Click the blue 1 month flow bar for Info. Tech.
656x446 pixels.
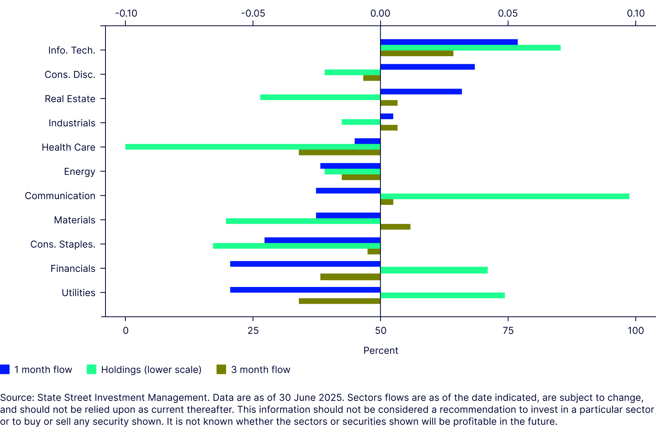[449, 42]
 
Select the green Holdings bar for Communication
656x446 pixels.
[505, 196]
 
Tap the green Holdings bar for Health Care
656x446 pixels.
[253, 147]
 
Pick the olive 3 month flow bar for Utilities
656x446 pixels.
[340, 301]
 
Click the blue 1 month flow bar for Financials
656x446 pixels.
[305, 264]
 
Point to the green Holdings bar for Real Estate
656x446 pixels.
[320, 97]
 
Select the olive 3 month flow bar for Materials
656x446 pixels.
[395, 227]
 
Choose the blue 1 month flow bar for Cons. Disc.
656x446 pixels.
[428, 67]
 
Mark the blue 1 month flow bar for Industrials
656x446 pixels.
[387, 116]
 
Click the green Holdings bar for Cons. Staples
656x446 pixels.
[297, 246]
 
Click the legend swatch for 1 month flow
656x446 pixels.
[5, 369]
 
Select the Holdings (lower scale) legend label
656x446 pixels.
[151, 369]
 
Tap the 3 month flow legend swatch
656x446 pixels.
[221, 369]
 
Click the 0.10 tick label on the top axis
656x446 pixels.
[636, 14]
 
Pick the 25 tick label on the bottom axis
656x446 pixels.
[253, 330]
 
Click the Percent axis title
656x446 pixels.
[381, 350]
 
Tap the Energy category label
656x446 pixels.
[80, 171]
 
